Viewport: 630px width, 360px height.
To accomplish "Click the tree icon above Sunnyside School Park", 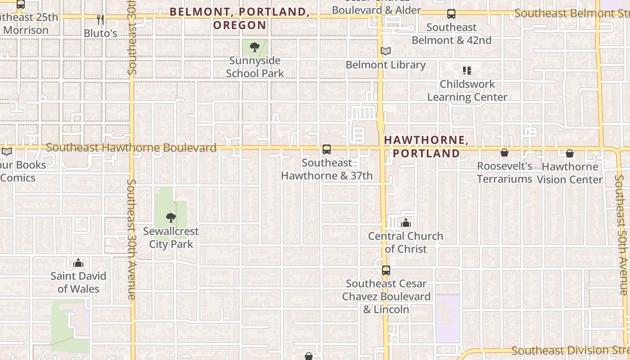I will pyautogui.click(x=255, y=47).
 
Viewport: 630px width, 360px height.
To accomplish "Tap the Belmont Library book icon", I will pyautogui.click(x=386, y=51).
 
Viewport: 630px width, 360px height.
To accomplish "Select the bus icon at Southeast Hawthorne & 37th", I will pyautogui.click(x=327, y=149).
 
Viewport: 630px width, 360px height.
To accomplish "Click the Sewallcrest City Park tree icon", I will pyautogui.click(x=171, y=218).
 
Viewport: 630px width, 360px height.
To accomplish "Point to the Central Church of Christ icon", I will pyautogui.click(x=406, y=222).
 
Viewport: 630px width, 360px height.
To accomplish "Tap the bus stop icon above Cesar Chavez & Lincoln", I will pyautogui.click(x=386, y=270).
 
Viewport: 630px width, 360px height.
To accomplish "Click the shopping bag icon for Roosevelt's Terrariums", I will pyautogui.click(x=504, y=153).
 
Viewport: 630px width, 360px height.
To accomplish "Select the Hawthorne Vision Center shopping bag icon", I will pyautogui.click(x=570, y=153).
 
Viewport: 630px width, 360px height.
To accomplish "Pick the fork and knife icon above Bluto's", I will pyautogui.click(x=100, y=19).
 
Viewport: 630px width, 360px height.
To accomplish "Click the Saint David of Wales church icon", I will pyautogui.click(x=78, y=262).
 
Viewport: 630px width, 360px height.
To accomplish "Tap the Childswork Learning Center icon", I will pyautogui.click(x=467, y=71).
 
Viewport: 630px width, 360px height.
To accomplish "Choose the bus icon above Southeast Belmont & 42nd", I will pyautogui.click(x=451, y=14).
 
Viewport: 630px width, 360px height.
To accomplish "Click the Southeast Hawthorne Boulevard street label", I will pyautogui.click(x=131, y=148).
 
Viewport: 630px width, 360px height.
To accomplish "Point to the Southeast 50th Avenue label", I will pyautogui.click(x=622, y=235).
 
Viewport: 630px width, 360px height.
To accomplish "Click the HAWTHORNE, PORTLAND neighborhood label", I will pyautogui.click(x=426, y=147).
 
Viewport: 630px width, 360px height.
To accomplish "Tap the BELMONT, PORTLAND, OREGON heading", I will pyautogui.click(x=239, y=18).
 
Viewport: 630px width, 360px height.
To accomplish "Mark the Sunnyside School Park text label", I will pyautogui.click(x=255, y=67).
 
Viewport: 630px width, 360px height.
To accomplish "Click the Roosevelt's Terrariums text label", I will pyautogui.click(x=504, y=172).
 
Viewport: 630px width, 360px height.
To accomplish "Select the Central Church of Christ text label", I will pyautogui.click(x=406, y=243).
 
